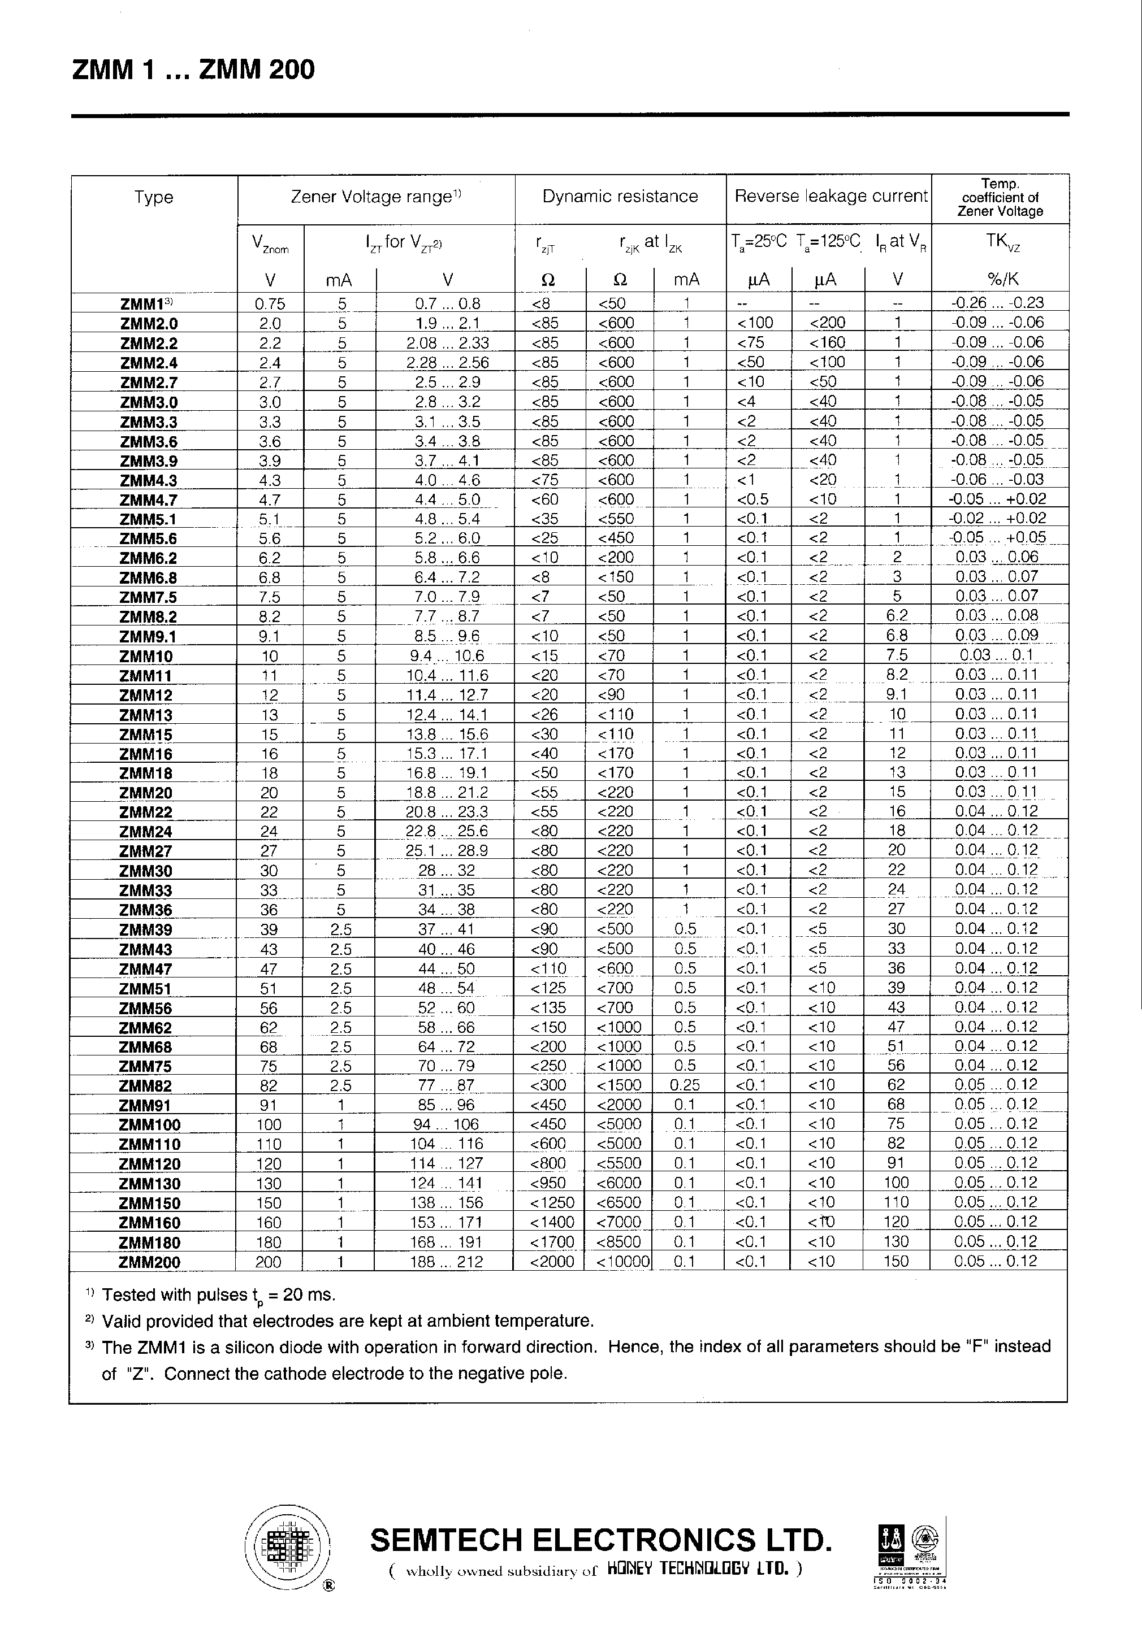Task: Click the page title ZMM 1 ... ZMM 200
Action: click(193, 70)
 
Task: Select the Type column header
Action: click(154, 197)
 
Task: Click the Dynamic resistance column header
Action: click(620, 197)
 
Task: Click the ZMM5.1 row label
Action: click(148, 519)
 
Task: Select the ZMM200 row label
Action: click(149, 1262)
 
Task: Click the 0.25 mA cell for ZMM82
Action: click(684, 1085)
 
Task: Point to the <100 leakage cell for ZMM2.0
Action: click(755, 323)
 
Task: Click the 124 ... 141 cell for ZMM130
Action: click(447, 1183)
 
